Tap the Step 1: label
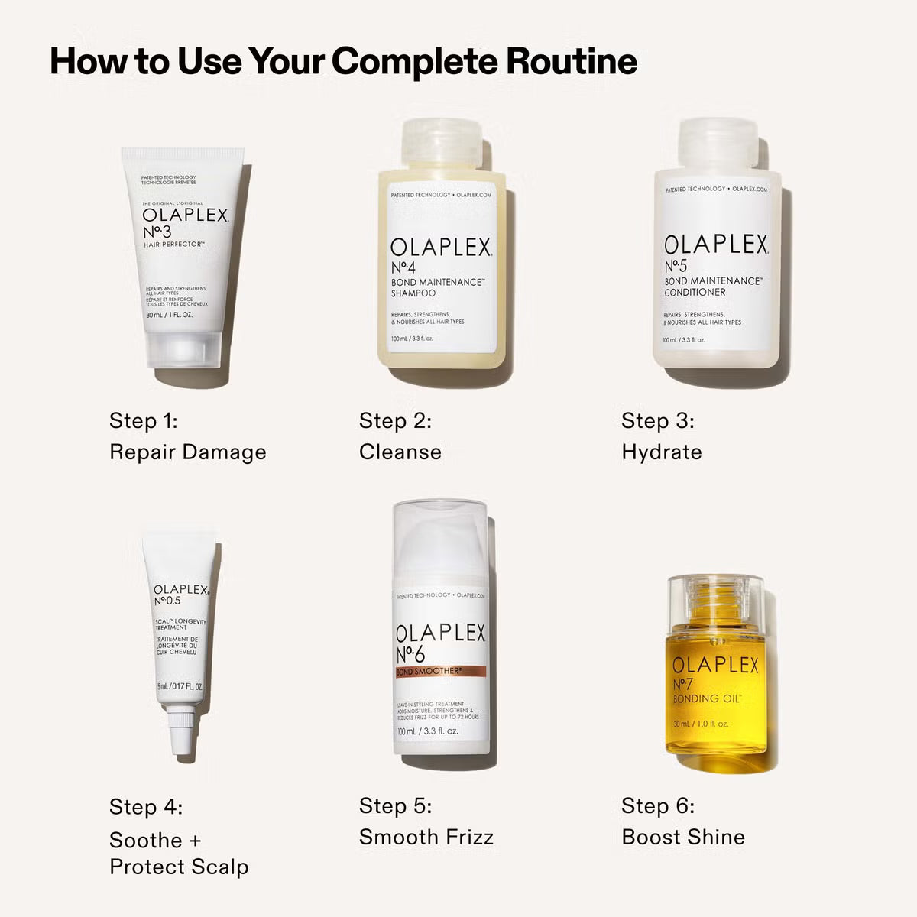point(143,420)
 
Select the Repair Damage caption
point(187,452)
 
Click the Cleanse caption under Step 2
point(400,452)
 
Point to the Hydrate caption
point(661,452)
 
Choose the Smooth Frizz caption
point(426,837)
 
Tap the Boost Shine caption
point(682,837)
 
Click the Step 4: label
point(145,806)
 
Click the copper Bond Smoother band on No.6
point(440,672)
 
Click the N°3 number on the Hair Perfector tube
point(157,232)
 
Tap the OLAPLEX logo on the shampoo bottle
point(441,248)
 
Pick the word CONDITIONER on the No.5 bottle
point(695,292)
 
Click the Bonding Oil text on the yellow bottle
point(707,698)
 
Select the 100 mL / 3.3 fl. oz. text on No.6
point(428,731)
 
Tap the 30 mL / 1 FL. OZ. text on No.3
point(169,315)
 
